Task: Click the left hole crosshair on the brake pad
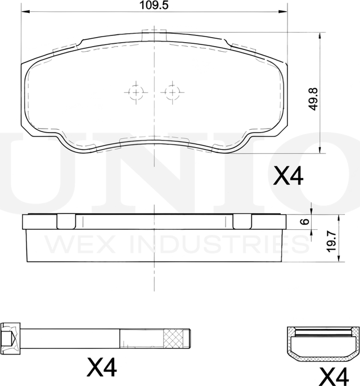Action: pos(136,91)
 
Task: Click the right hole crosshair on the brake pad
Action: pos(170,91)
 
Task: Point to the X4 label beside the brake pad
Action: pos(288,178)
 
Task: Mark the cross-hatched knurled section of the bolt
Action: pos(175,338)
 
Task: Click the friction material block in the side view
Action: pos(154,245)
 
